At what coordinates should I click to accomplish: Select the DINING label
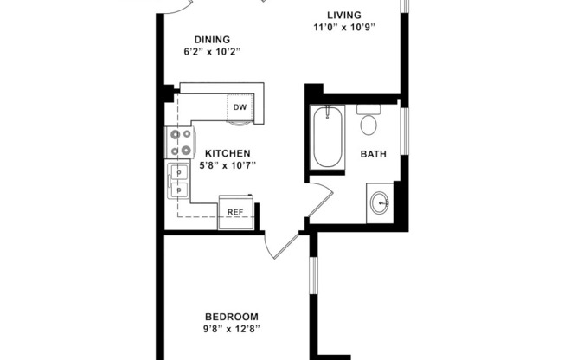click(212, 39)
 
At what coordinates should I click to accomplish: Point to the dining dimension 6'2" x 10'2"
click(212, 52)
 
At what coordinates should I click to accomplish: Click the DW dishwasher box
click(240, 107)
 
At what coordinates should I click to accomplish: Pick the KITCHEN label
click(228, 153)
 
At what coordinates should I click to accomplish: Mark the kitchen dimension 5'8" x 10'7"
click(228, 166)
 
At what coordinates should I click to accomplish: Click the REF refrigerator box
click(234, 212)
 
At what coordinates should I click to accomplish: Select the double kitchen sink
click(179, 180)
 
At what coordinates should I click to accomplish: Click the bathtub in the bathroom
click(329, 138)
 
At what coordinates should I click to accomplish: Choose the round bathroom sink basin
click(379, 204)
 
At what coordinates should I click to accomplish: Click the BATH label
click(373, 155)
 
